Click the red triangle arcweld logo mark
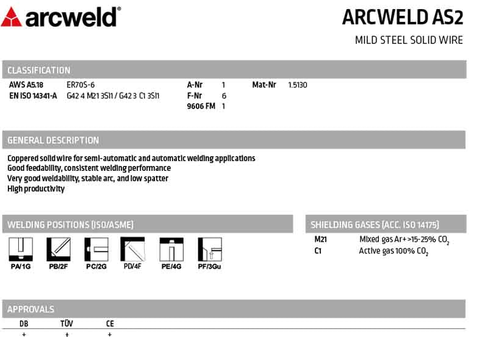pyautogui.click(x=12, y=17)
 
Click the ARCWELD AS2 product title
pyautogui.click(x=403, y=17)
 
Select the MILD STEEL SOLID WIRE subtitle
pyautogui.click(x=409, y=40)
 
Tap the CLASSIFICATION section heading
pyautogui.click(x=39, y=70)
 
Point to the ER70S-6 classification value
pyautogui.click(x=81, y=85)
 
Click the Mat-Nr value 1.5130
pyautogui.click(x=298, y=85)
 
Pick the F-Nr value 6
pyautogui.click(x=224, y=96)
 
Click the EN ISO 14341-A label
pyautogui.click(x=34, y=96)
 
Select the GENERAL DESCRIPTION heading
pyautogui.click(x=53, y=140)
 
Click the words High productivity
pyautogui.click(x=36, y=189)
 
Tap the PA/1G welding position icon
pyautogui.click(x=20, y=250)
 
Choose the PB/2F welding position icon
pyautogui.click(x=59, y=250)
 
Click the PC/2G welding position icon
pyautogui.click(x=96, y=250)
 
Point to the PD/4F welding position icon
pyautogui.click(x=132, y=250)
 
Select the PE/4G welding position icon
pyautogui.click(x=171, y=250)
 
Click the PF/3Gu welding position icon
pyautogui.click(x=209, y=250)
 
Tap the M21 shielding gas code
pyautogui.click(x=321, y=239)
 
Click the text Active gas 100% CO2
pyautogui.click(x=393, y=251)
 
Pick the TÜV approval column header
pyautogui.click(x=66, y=324)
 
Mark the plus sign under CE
pyautogui.click(x=110, y=335)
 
